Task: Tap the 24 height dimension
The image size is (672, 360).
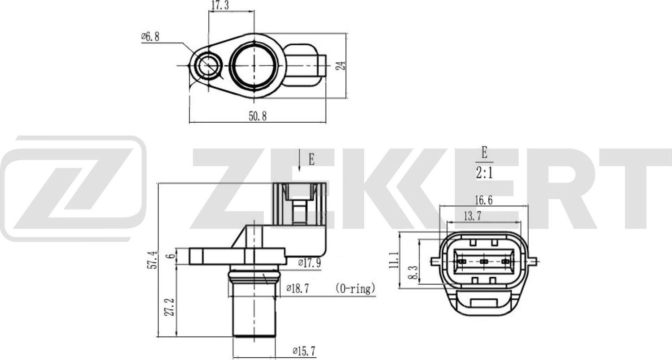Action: pyautogui.click(x=342, y=65)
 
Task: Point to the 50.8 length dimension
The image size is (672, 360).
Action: pyautogui.click(x=258, y=116)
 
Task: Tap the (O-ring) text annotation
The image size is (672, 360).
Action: pyautogui.click(x=354, y=289)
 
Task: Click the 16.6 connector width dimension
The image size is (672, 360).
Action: pyautogui.click(x=483, y=201)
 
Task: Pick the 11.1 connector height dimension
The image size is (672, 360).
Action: pyautogui.click(x=394, y=260)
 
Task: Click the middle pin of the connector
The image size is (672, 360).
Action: pyautogui.click(x=483, y=261)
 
